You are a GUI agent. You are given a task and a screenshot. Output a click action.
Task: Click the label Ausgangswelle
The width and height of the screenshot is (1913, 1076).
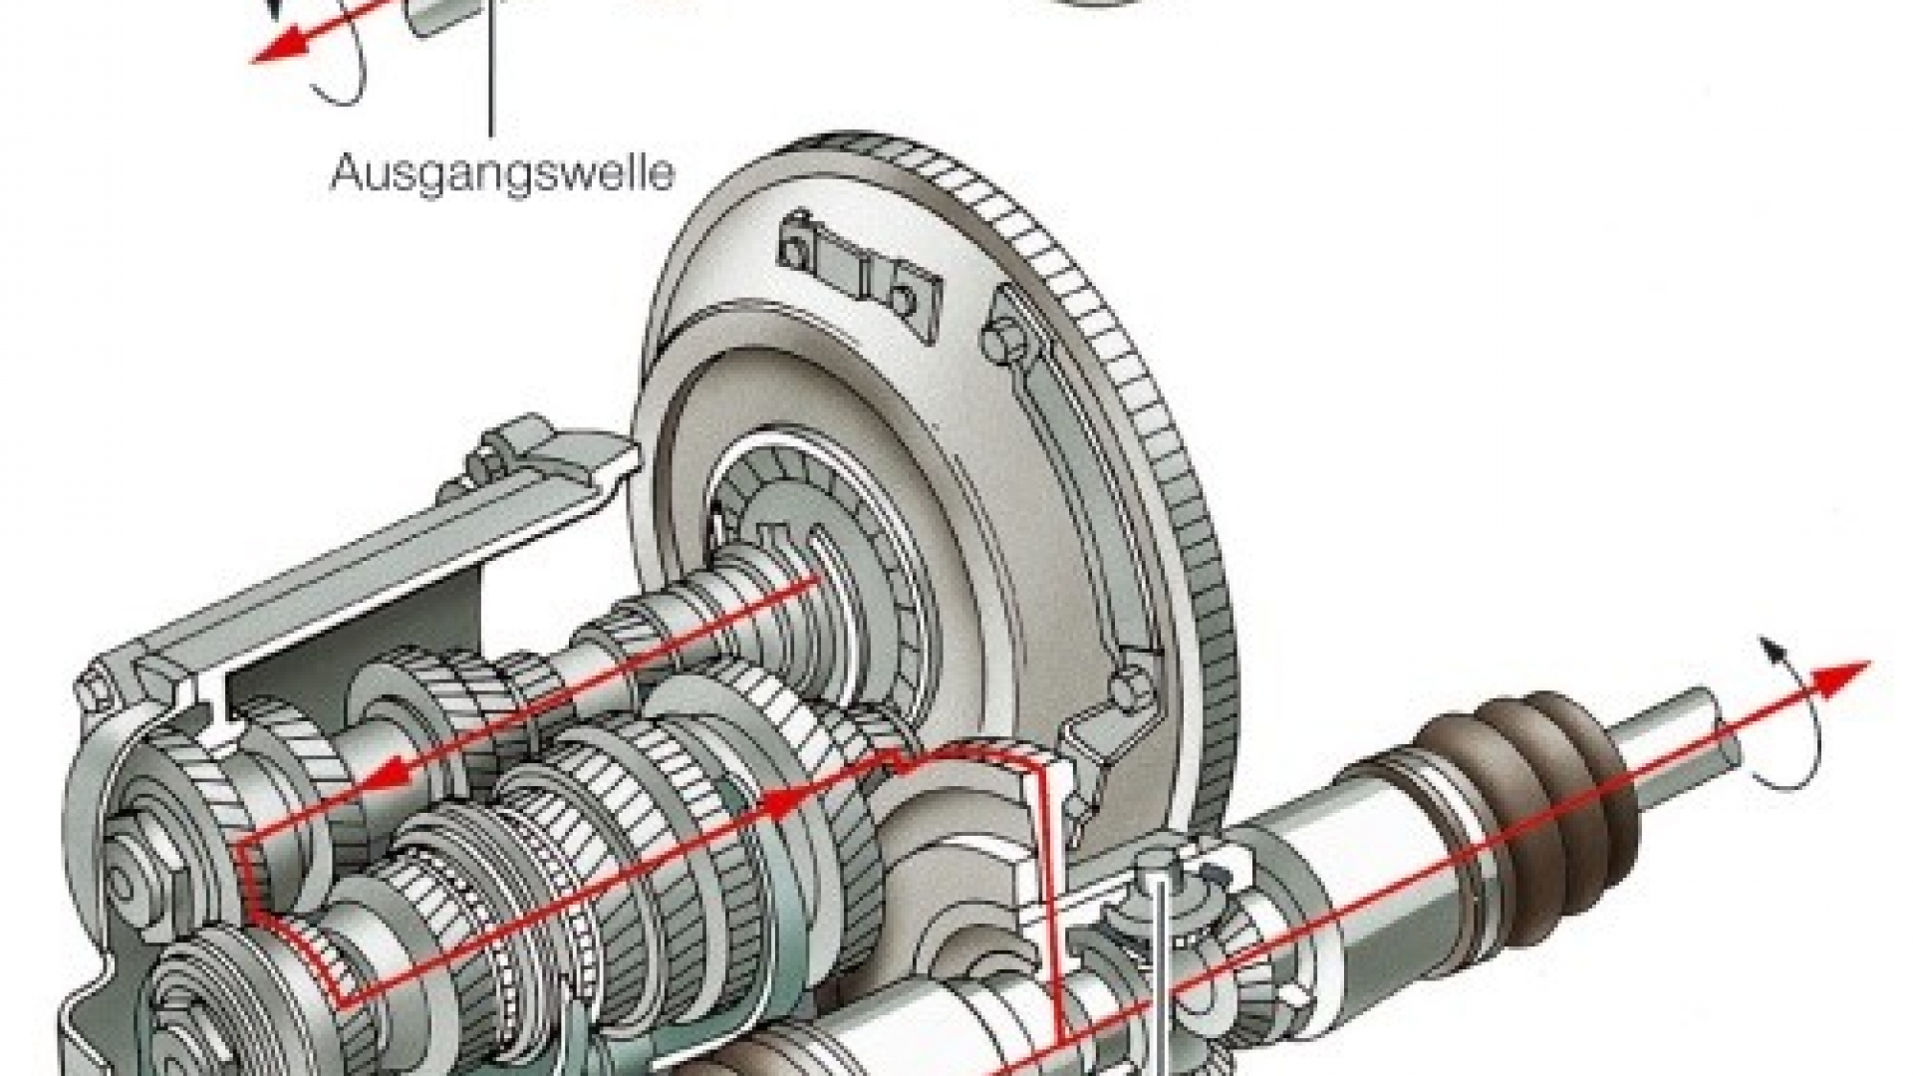(502, 173)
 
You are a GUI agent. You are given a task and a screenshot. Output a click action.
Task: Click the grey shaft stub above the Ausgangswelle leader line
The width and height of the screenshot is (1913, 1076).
(439, 17)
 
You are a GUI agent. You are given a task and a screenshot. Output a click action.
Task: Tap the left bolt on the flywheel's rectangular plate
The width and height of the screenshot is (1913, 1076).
(793, 246)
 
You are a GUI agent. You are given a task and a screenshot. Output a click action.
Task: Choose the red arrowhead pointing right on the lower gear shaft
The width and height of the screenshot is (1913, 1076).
(787, 799)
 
